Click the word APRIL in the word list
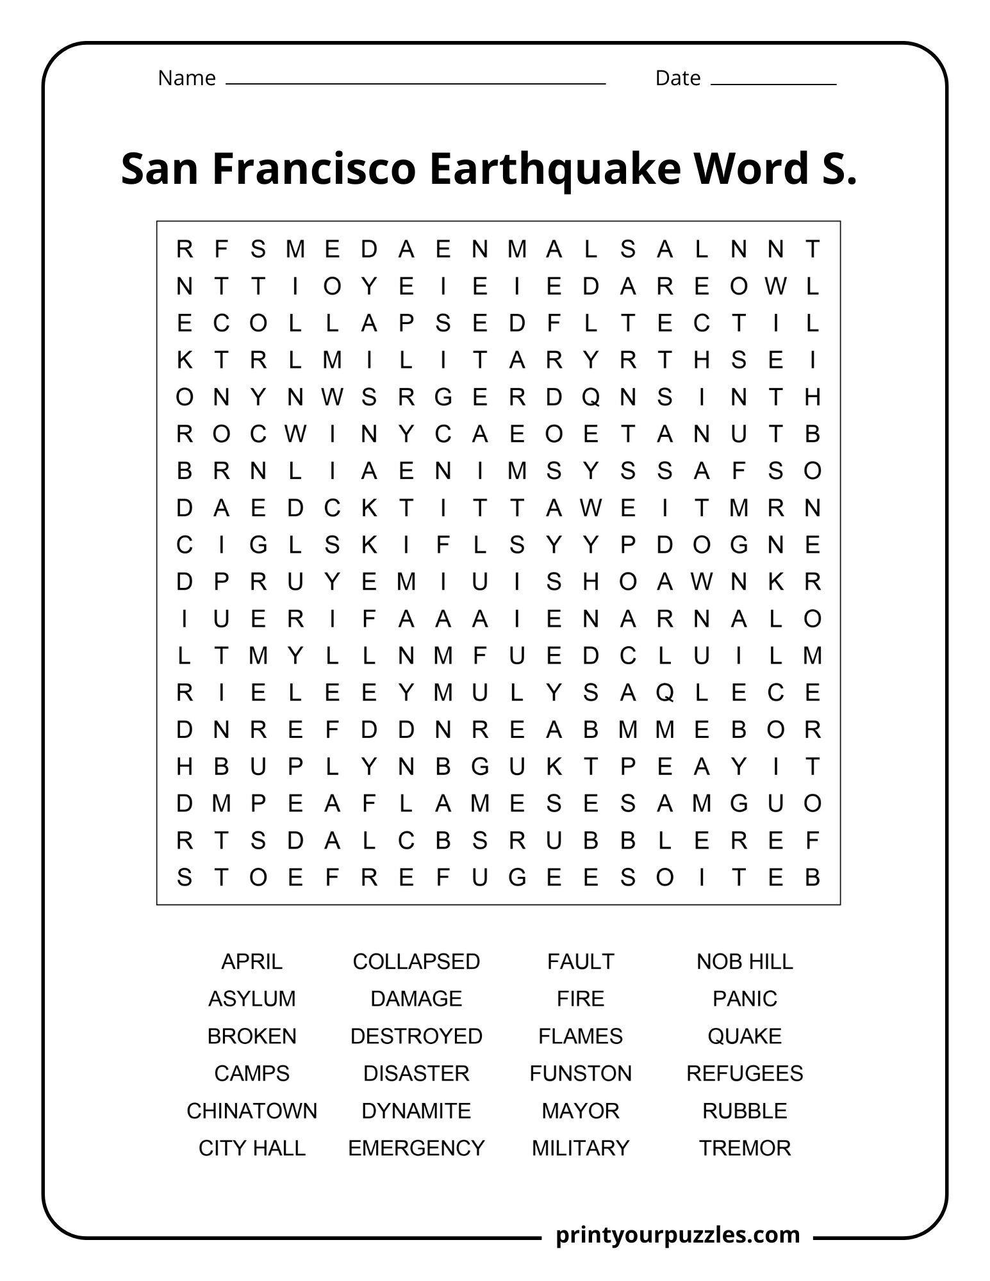(x=251, y=961)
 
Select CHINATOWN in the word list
(x=251, y=1110)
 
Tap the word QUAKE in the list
(x=744, y=1036)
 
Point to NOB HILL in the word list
(x=744, y=961)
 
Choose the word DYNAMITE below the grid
(x=416, y=1110)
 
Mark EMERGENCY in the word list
(x=416, y=1147)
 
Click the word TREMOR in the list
(x=744, y=1147)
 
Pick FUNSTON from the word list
(x=580, y=1073)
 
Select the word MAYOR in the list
(x=580, y=1110)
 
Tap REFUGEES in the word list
(x=744, y=1073)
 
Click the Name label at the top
(x=186, y=78)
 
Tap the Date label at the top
(x=677, y=78)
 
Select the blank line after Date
(x=773, y=84)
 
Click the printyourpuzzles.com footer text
(x=678, y=1234)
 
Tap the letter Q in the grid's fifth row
(x=590, y=398)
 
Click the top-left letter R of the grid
(x=185, y=249)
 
